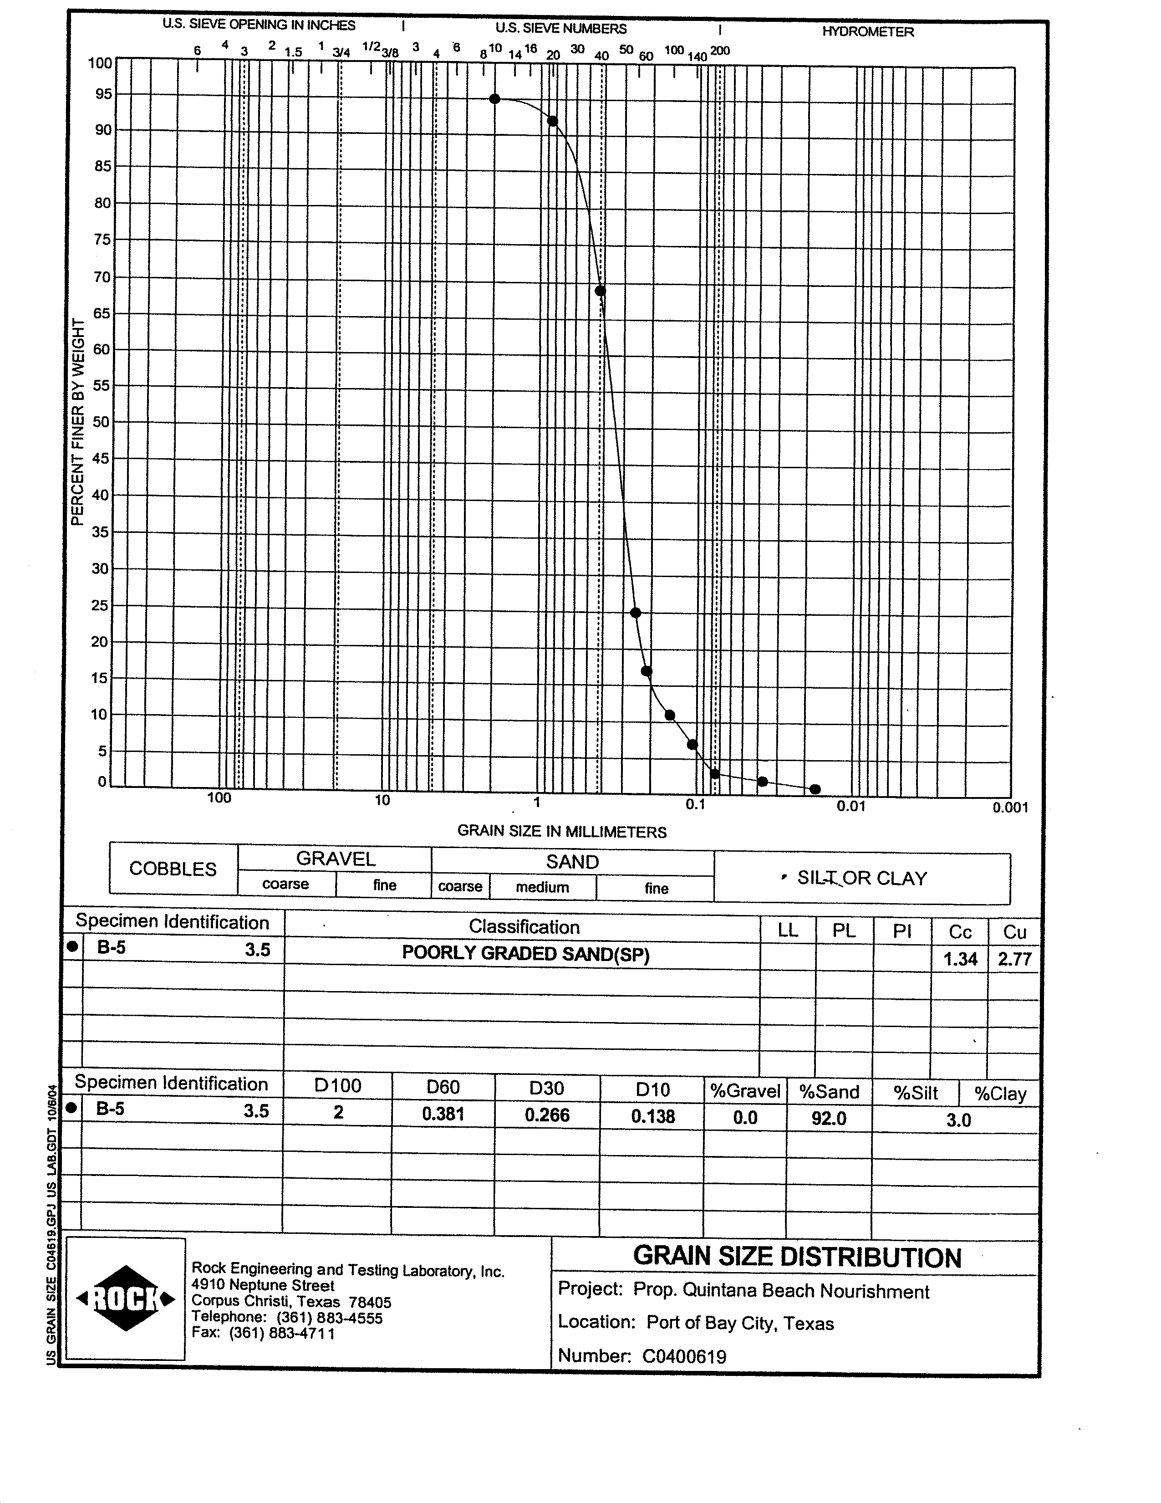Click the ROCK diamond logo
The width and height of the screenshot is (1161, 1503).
[x=126, y=1299]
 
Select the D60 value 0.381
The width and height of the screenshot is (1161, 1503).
[x=443, y=1114]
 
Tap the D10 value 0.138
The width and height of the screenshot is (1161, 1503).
[x=653, y=1115]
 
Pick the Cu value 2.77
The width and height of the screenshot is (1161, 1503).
[x=1014, y=959]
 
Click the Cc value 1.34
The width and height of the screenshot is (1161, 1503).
[x=960, y=958]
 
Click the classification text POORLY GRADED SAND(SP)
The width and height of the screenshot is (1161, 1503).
[x=525, y=953]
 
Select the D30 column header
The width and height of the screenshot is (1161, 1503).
[x=547, y=1088]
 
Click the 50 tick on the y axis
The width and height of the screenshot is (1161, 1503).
[x=101, y=421]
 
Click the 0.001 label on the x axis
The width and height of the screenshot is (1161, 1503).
[x=1010, y=807]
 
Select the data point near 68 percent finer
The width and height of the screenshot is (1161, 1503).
[x=600, y=291]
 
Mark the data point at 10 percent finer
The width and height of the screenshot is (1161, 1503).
[x=670, y=715]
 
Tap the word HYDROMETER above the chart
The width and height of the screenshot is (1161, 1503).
[x=867, y=32]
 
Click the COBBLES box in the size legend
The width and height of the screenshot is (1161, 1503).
[x=173, y=869]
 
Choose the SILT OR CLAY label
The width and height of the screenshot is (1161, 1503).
[x=862, y=878]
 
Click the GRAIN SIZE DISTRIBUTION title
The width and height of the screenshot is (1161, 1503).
[x=796, y=1257]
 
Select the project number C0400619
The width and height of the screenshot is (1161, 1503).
[x=684, y=1356]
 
